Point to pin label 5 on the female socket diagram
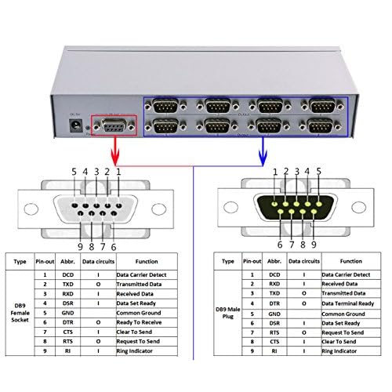pyautogui.click(x=74, y=172)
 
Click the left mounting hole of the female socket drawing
pyautogui.click(x=31, y=209)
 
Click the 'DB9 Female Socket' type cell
pyautogui.click(x=21, y=319)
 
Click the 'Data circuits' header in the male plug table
pyautogui.click(x=307, y=261)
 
